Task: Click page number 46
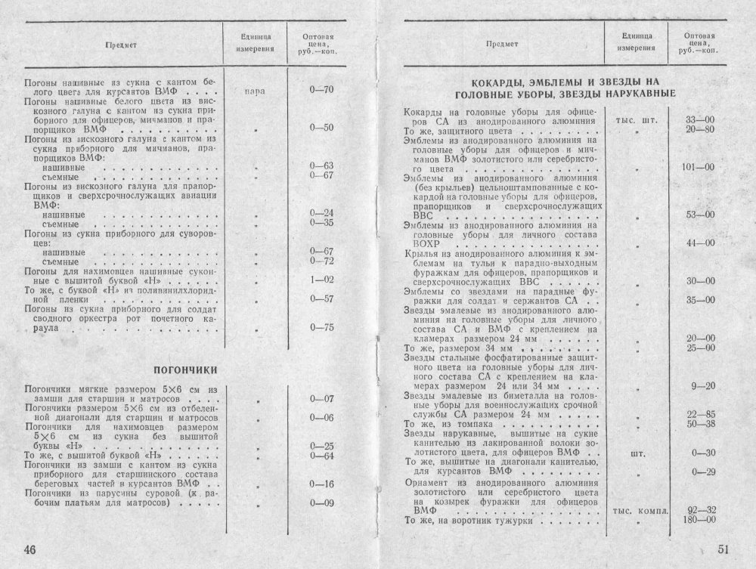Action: (x=29, y=547)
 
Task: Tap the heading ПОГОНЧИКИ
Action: (x=186, y=370)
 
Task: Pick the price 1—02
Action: (x=322, y=280)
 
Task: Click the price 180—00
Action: (x=699, y=519)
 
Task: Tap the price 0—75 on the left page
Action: (x=322, y=327)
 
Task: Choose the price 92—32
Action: (x=700, y=509)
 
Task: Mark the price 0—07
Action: (x=322, y=398)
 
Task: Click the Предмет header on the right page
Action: (x=501, y=44)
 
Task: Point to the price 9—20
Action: (x=702, y=387)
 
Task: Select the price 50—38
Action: (x=700, y=424)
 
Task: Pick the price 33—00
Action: (x=700, y=120)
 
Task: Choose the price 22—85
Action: (x=700, y=414)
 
